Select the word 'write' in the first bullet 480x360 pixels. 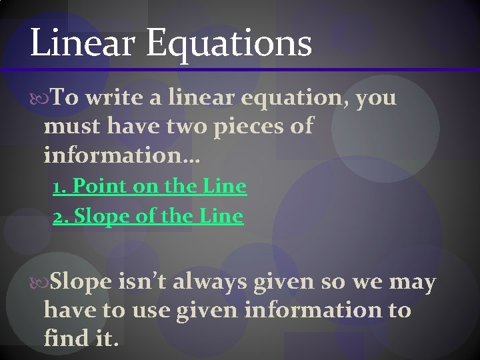coord(116,99)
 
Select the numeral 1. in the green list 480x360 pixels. coord(60,187)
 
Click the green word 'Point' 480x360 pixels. coord(100,187)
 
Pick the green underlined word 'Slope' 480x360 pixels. coord(99,217)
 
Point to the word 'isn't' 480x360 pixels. coord(142,283)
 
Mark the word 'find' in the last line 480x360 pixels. coord(63,338)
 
